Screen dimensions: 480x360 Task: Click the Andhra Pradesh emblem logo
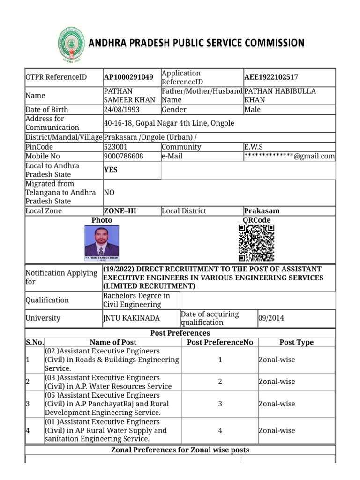click(x=71, y=45)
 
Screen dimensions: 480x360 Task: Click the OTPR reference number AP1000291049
click(x=128, y=77)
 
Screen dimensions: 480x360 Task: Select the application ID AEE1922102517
click(x=271, y=77)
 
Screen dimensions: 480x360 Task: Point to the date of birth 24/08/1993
click(x=121, y=110)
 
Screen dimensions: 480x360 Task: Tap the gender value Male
click(x=253, y=110)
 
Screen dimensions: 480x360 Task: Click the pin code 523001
click(x=115, y=147)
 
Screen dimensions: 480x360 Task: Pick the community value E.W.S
click(x=254, y=147)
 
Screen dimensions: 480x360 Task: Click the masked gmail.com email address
click(x=289, y=156)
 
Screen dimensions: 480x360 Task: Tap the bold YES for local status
click(x=111, y=170)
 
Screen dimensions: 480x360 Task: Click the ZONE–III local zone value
click(x=120, y=211)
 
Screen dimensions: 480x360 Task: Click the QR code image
click(x=256, y=242)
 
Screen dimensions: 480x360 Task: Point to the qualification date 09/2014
click(x=271, y=318)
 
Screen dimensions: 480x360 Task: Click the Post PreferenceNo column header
click(x=220, y=342)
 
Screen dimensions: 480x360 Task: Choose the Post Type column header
click(x=296, y=342)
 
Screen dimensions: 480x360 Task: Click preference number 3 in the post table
click(x=220, y=404)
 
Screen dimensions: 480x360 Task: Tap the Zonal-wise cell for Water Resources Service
click(x=277, y=382)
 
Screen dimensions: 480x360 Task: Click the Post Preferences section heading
click(x=180, y=333)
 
